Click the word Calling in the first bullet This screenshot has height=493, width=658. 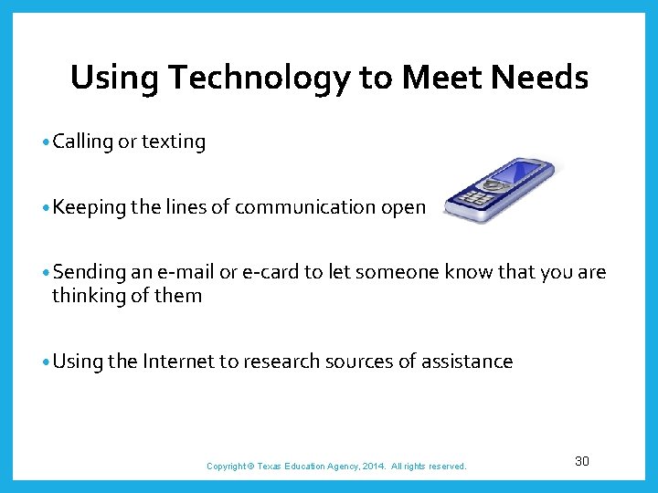click(83, 142)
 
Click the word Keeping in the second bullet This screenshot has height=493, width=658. click(89, 207)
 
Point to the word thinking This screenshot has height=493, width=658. click(87, 295)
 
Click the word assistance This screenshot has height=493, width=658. click(467, 362)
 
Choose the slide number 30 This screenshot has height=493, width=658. click(582, 461)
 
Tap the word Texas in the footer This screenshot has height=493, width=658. click(271, 467)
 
